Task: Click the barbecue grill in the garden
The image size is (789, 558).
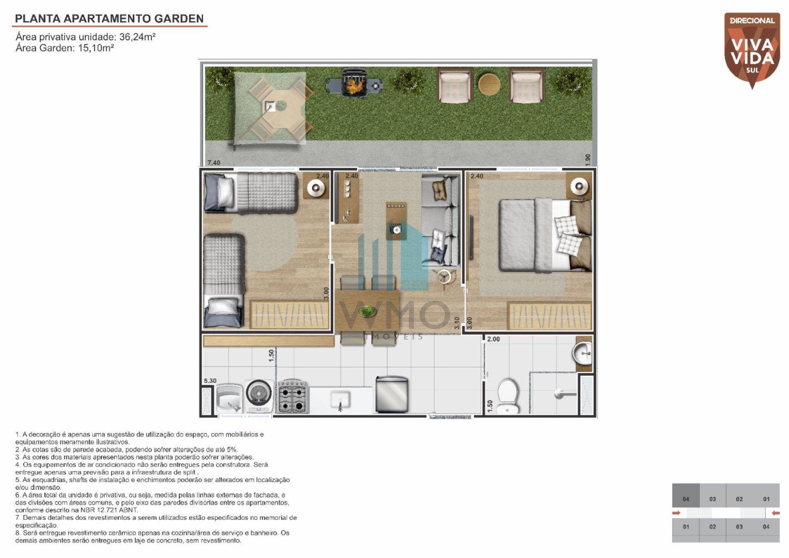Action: click(354, 83)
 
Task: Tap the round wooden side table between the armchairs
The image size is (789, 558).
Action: click(489, 84)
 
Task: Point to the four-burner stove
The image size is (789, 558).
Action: click(293, 396)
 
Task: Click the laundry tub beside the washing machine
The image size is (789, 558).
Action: click(229, 398)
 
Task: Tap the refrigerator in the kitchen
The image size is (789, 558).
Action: click(392, 394)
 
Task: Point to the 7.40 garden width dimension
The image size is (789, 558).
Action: click(214, 162)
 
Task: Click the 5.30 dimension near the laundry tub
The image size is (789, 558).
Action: click(210, 381)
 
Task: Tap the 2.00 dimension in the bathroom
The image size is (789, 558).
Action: click(494, 339)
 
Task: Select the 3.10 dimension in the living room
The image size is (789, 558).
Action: click(457, 322)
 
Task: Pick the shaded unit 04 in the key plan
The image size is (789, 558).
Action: click(685, 495)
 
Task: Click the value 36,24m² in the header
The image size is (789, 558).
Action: click(137, 37)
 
